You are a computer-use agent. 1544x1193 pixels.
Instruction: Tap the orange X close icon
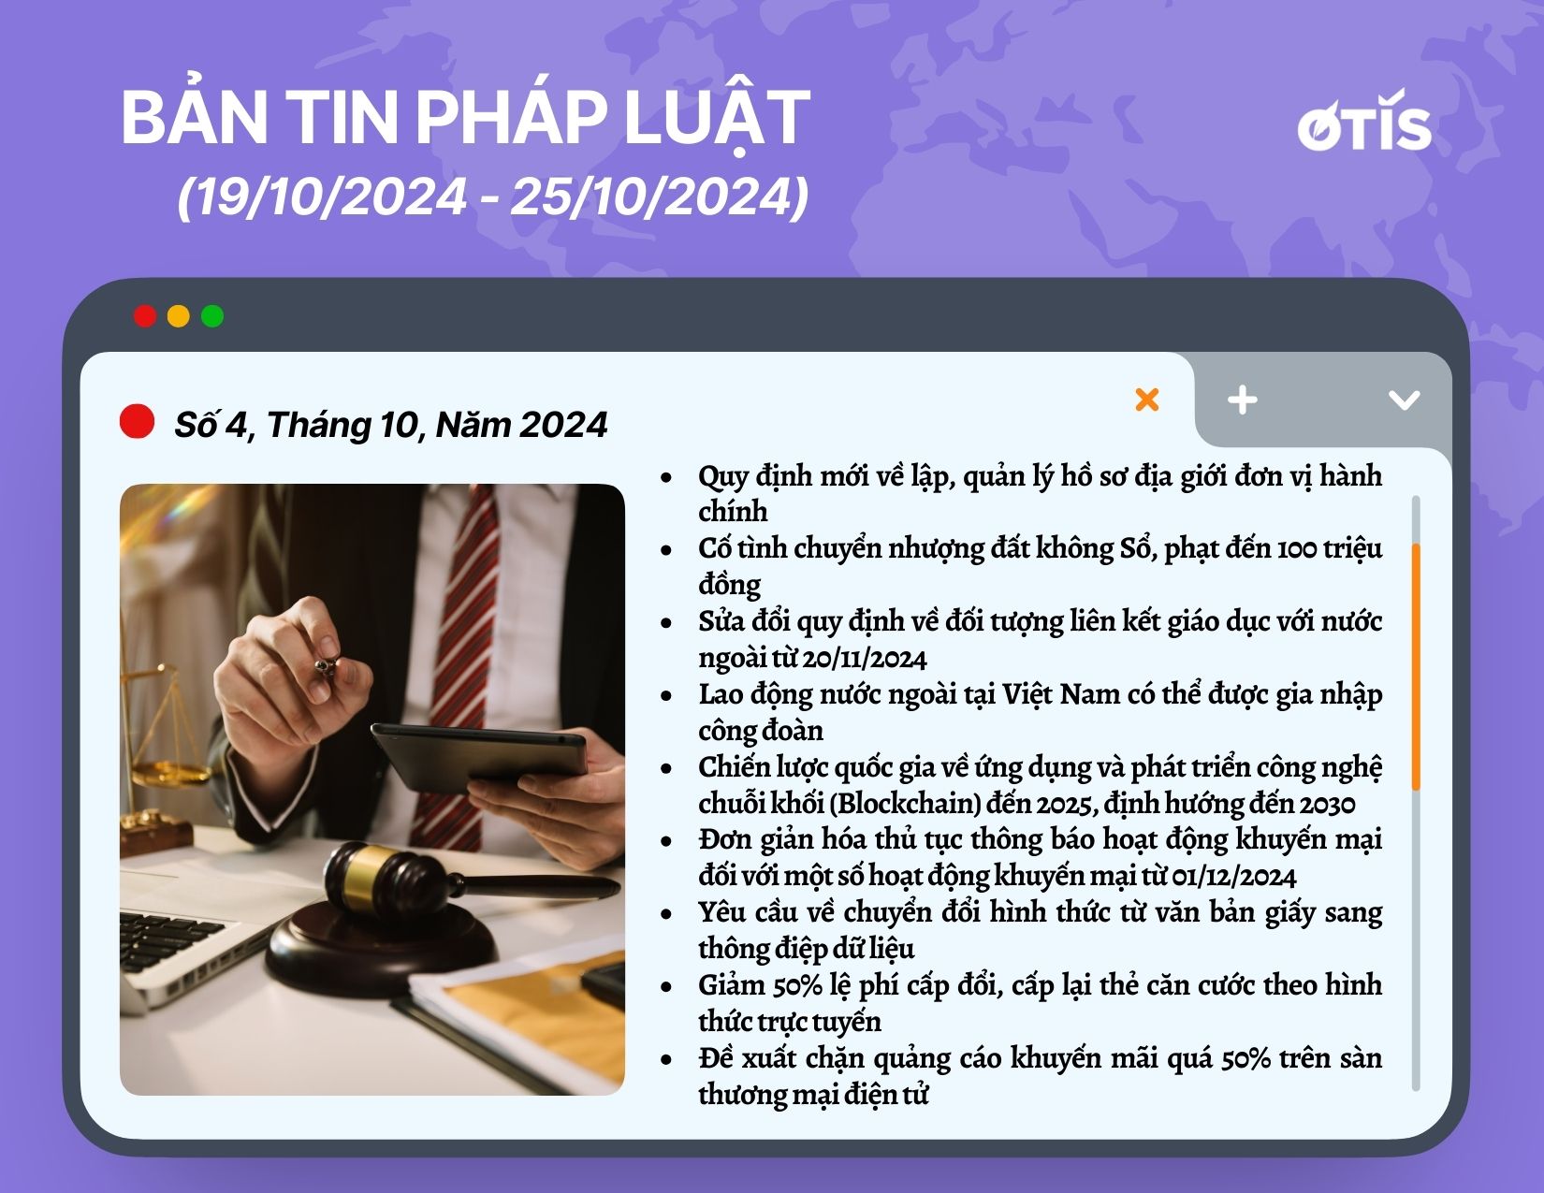pyautogui.click(x=1147, y=400)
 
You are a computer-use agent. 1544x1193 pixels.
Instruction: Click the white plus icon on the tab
pyautogui.click(x=1242, y=400)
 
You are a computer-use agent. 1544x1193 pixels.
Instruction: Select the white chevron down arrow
pyautogui.click(x=1404, y=400)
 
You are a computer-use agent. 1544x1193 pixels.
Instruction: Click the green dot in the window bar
pyautogui.click(x=212, y=316)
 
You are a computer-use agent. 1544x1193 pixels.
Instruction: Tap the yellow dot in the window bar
pyautogui.click(x=179, y=316)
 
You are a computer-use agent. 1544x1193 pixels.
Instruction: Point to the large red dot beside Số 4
pyautogui.click(x=138, y=421)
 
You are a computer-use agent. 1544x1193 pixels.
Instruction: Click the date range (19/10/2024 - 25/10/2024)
pyautogui.click(x=492, y=196)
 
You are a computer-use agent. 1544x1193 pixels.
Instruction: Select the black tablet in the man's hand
pyautogui.click(x=480, y=757)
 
